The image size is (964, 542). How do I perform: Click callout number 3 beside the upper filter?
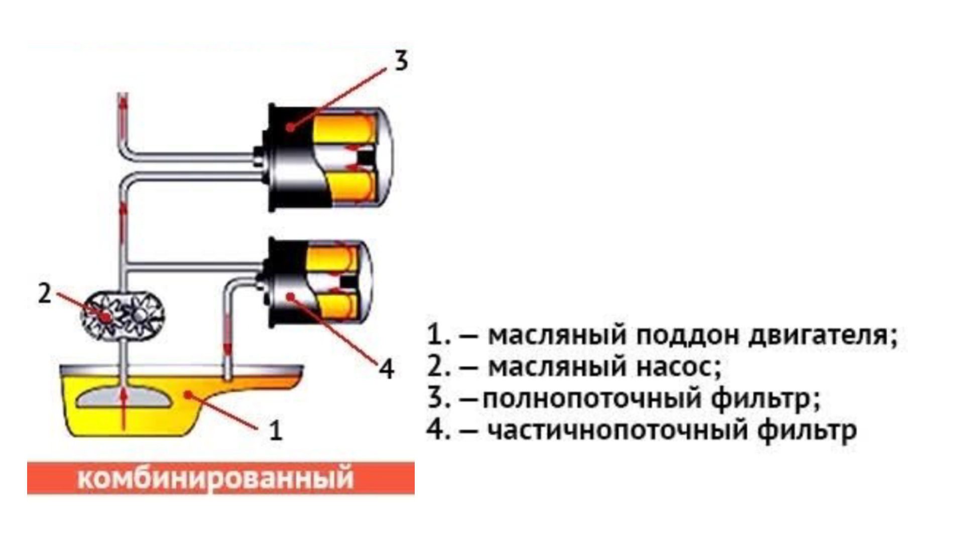[x=400, y=61]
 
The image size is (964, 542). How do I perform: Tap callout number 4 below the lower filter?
[x=386, y=369]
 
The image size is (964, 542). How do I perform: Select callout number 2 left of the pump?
[x=45, y=294]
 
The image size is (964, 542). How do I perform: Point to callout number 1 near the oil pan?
[x=276, y=431]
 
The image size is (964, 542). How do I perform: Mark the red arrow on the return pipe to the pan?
[x=227, y=346]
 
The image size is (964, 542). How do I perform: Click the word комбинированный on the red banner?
[x=216, y=478]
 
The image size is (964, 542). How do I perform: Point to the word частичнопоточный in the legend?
[x=618, y=431]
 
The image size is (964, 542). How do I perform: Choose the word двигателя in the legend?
[x=821, y=336]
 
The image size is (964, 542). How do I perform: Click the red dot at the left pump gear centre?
[x=106, y=317]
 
